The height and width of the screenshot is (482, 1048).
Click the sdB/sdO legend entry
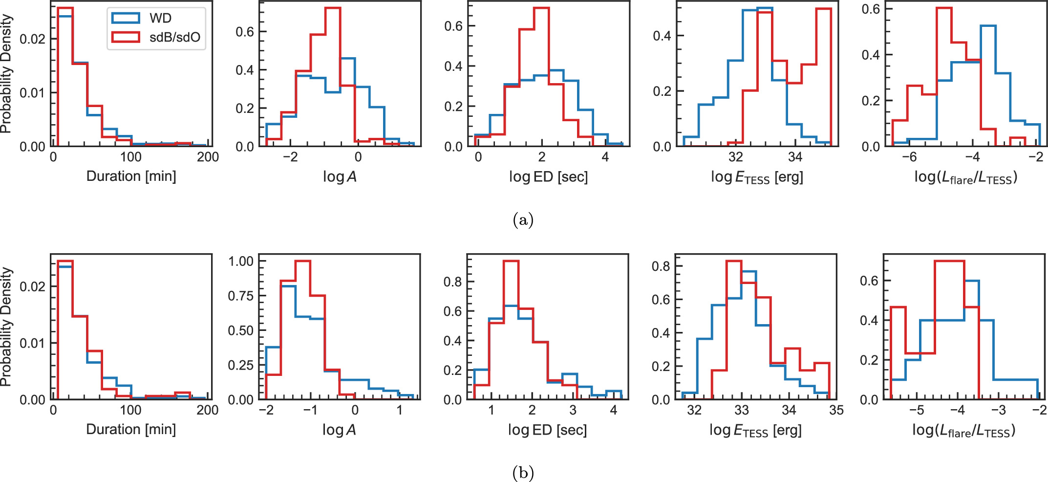[x=156, y=37]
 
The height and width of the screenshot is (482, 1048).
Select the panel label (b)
[x=523, y=473]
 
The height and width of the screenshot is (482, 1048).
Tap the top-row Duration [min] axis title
[x=131, y=176]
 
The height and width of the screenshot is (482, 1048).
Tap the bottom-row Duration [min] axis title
[x=131, y=429]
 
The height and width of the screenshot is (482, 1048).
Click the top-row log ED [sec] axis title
[x=548, y=176]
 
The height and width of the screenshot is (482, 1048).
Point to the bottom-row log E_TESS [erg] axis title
[x=755, y=430]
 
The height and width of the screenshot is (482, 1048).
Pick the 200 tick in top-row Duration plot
[x=208, y=157]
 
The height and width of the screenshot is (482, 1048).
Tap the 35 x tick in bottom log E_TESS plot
[x=836, y=410]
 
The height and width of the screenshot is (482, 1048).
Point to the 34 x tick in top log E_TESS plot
[x=795, y=157]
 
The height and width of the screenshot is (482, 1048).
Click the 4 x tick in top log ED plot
[x=605, y=157]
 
